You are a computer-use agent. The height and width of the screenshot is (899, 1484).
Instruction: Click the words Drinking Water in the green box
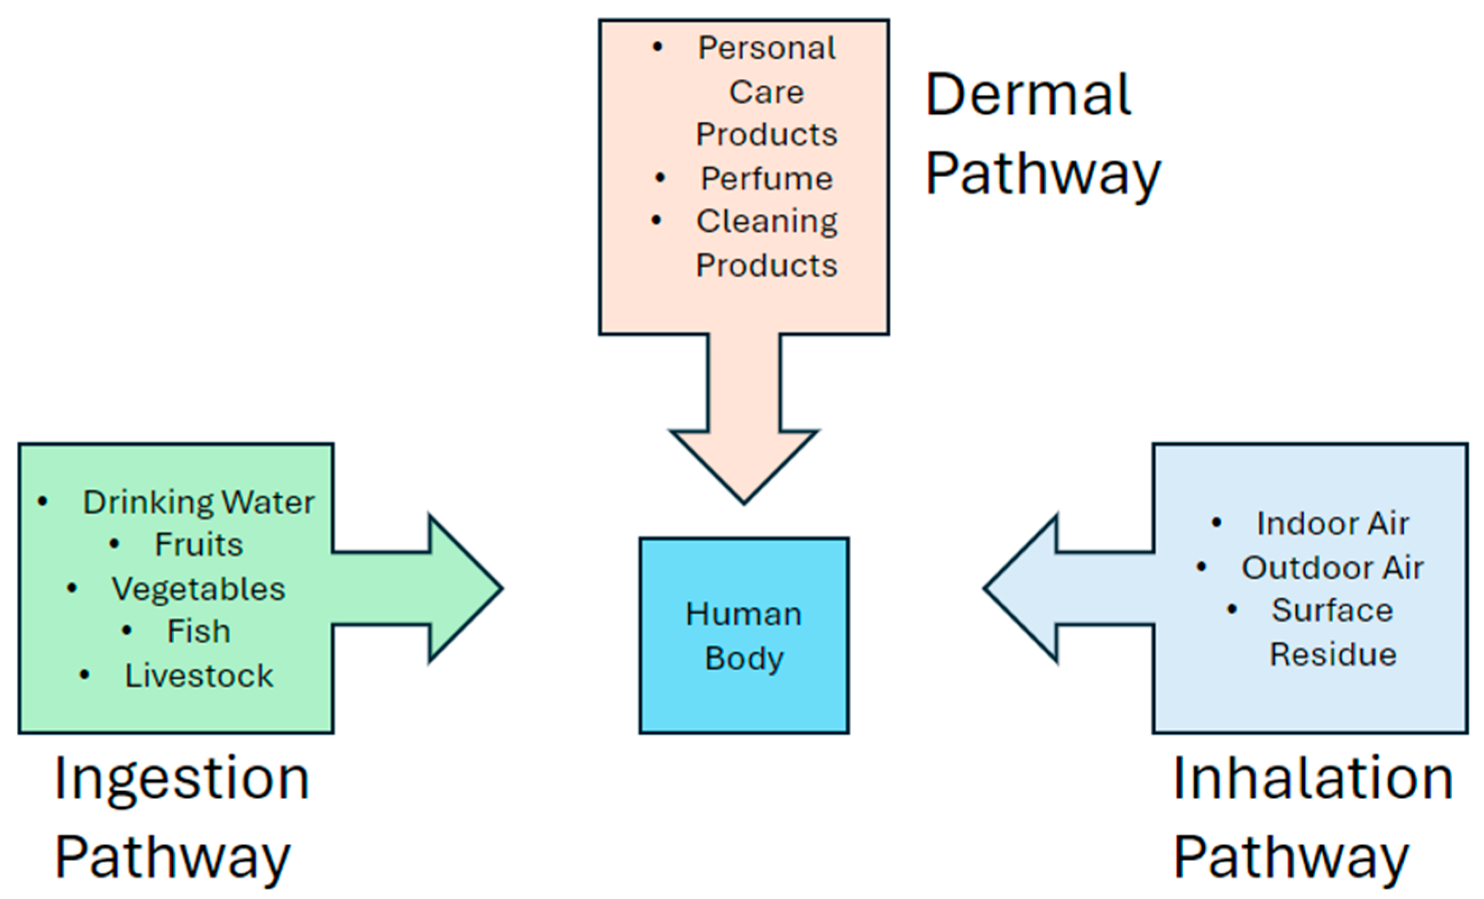point(198,502)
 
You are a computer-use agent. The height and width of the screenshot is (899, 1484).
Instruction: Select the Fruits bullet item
point(199,545)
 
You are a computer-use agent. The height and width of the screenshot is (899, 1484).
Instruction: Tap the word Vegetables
point(198,589)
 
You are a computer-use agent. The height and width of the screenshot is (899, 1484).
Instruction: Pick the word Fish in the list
point(199,631)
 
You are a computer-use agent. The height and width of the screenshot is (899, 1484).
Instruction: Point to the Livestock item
point(199,676)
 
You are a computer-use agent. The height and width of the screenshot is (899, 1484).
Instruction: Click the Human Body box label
point(744,636)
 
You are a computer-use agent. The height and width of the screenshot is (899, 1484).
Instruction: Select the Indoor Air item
point(1332,523)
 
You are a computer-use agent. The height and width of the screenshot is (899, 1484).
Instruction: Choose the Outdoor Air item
point(1332,567)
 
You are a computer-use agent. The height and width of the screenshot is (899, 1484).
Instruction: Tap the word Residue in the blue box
point(1333,654)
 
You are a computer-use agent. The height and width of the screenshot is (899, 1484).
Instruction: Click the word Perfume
point(767,179)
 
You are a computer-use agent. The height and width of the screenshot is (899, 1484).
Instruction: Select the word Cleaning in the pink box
point(767,221)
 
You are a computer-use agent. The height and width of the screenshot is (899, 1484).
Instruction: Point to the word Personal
point(767,48)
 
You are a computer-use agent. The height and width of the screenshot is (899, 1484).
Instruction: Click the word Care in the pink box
point(766,92)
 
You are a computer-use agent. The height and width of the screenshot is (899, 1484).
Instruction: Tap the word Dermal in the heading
point(1028,95)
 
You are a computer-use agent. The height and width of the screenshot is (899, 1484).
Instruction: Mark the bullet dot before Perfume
point(660,178)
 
